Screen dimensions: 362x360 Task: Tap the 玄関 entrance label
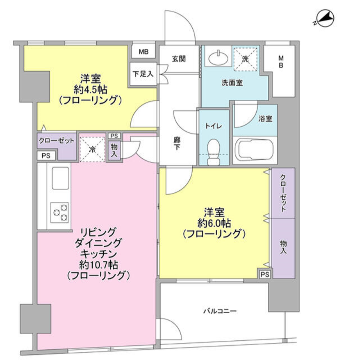179,59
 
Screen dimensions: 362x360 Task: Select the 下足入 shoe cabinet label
143,74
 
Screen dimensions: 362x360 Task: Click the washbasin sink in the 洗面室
218,58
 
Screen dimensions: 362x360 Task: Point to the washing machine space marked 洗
245,59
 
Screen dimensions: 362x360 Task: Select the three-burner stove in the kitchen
60,212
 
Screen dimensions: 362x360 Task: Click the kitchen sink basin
61,178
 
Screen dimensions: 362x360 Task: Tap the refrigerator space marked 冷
92,149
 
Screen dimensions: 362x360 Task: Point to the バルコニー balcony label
220,311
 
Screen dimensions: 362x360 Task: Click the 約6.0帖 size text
214,223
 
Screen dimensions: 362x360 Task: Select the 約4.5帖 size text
90,90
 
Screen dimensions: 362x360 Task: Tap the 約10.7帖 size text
98,265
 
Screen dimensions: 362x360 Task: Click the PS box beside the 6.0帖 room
265,274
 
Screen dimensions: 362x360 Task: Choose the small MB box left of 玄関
143,52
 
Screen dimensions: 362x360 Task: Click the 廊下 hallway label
177,143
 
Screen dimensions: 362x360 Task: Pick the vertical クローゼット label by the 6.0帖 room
283,193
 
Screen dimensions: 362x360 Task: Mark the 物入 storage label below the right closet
283,247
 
